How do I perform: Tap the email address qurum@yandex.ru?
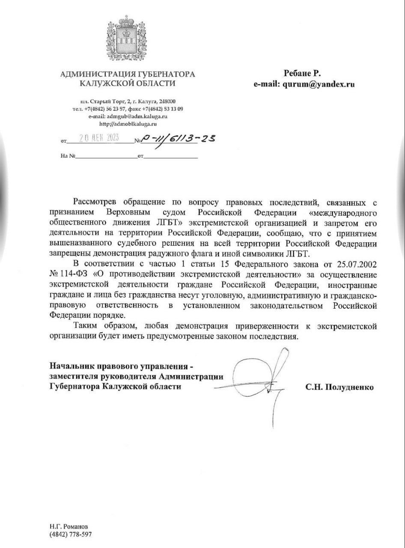317,84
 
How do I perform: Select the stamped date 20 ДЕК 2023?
99,138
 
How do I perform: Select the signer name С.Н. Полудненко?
339,387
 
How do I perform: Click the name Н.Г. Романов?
68,526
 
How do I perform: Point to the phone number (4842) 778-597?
71,534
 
